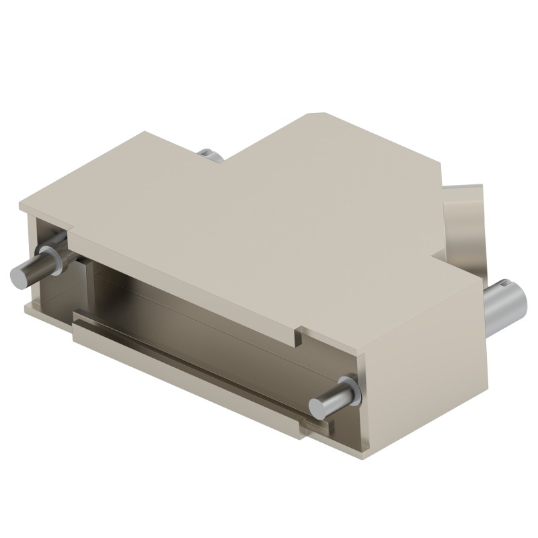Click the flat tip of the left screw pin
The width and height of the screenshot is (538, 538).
[x=17, y=275]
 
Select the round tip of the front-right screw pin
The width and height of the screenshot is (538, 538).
[x=318, y=406]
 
